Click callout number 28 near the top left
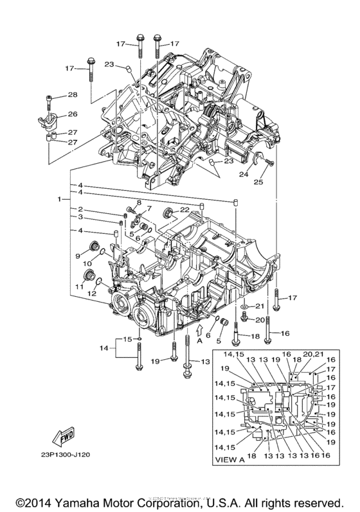click(x=72, y=95)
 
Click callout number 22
click(x=184, y=210)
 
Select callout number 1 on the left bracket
click(x=59, y=200)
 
